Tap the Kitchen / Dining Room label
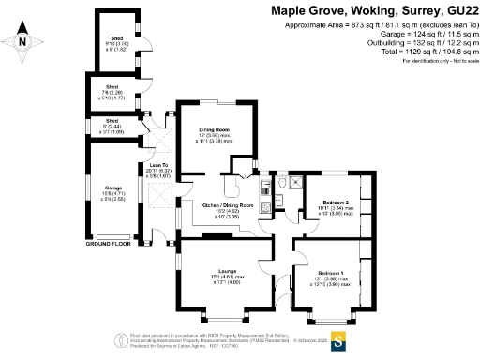tap(229, 203)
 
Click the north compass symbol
tap(22, 41)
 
